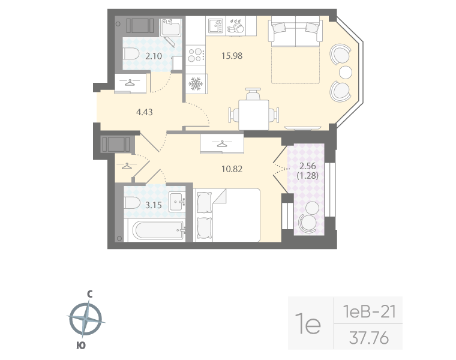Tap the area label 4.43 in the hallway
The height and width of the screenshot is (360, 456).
145,111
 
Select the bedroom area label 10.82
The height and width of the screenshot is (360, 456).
232,170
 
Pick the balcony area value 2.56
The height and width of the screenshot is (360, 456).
308,167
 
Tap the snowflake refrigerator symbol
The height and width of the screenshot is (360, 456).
196,84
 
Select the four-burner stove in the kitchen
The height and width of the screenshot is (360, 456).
196,56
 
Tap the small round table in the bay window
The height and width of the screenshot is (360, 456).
346,73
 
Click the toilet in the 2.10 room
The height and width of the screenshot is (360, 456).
133,54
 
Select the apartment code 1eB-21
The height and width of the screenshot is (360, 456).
368,311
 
